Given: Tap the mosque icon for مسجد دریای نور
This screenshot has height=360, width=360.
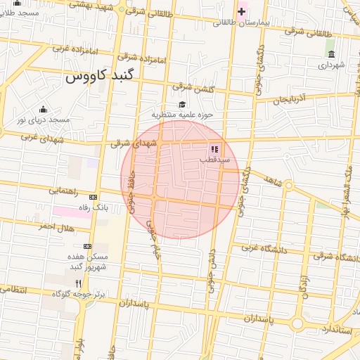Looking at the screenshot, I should (x=44, y=109).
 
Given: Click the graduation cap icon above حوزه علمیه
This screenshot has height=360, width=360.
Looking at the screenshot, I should (x=182, y=103).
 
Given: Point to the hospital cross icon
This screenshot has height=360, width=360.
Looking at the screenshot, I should (x=241, y=11).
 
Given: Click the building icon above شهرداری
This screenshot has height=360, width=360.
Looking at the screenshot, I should (x=330, y=54).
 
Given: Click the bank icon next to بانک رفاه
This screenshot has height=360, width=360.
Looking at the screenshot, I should (x=93, y=196).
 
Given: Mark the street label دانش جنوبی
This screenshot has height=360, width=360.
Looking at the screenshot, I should (x=212, y=267).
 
